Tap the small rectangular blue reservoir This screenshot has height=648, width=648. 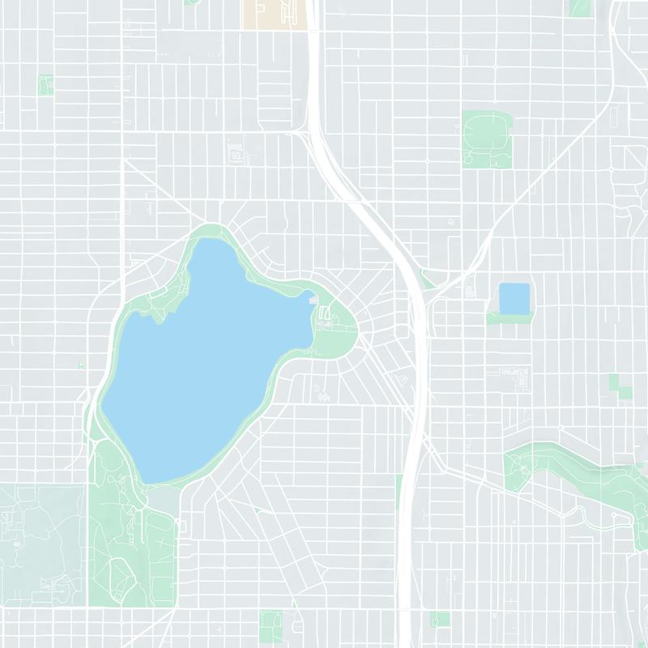(514, 297)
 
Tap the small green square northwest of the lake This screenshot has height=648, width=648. (45, 84)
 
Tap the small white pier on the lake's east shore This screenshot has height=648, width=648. (313, 300)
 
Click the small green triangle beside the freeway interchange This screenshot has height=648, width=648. (428, 280)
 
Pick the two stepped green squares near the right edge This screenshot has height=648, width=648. (622, 386)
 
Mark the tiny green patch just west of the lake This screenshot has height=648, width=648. (82, 366)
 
